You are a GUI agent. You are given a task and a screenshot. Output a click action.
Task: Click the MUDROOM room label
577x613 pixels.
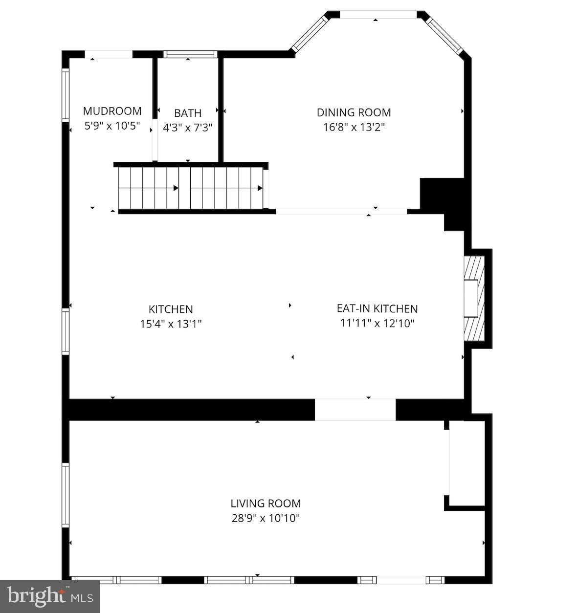click(112, 111)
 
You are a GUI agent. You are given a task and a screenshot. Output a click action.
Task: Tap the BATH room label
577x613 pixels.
click(188, 113)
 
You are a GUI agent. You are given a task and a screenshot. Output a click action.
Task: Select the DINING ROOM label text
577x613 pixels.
click(354, 112)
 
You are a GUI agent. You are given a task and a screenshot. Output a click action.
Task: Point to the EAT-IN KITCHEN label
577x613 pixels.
click(377, 308)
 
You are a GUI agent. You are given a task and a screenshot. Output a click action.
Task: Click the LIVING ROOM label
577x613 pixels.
click(266, 503)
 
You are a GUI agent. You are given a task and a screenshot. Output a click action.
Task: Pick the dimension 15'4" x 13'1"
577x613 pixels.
click(171, 324)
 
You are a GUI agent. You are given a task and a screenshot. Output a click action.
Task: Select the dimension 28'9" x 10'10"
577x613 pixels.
click(266, 518)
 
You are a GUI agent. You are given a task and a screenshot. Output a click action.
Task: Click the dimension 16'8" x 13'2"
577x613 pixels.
click(354, 127)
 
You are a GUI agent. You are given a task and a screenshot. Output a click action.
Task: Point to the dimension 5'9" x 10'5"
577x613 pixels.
click(112, 126)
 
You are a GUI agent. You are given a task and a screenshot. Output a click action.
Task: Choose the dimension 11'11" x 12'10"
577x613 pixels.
click(377, 323)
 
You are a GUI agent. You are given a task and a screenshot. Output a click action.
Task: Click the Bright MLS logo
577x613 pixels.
click(49, 596)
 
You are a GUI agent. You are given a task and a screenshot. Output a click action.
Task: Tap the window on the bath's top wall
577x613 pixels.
click(189, 54)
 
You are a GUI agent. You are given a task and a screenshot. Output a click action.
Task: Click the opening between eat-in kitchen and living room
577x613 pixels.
click(355, 410)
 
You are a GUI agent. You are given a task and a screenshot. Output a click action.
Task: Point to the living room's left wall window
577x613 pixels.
click(65, 495)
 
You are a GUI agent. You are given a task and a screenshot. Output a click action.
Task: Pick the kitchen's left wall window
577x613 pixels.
click(65, 331)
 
